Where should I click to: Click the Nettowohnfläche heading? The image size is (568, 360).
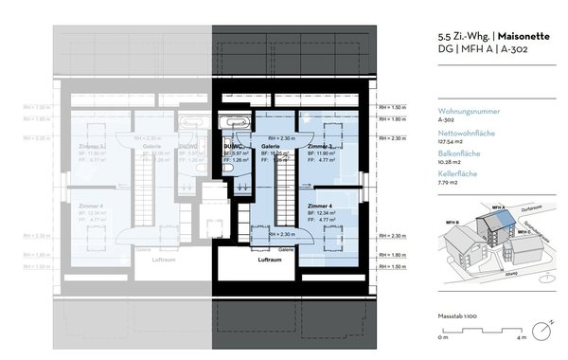[x=467, y=134]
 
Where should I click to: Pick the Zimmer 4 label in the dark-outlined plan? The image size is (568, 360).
[x=320, y=206]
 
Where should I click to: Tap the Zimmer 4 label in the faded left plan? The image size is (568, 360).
[x=92, y=206]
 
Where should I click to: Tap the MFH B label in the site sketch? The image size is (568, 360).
[x=452, y=223]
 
